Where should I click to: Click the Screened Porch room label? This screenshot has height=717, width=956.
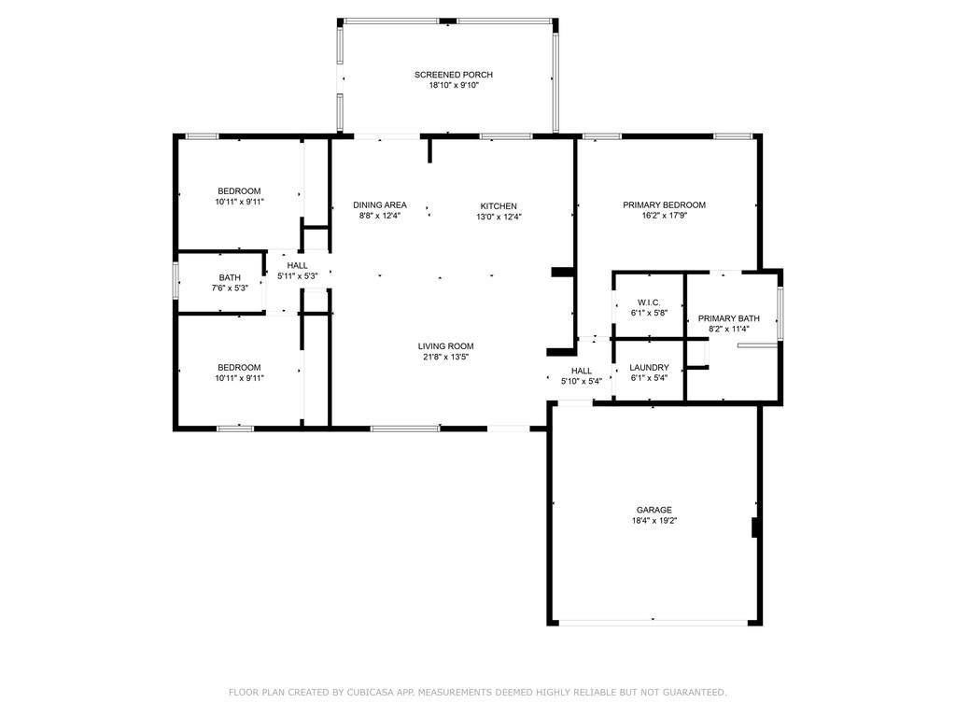pyautogui.click(x=454, y=75)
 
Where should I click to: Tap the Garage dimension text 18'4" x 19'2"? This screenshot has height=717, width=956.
pyautogui.click(x=654, y=521)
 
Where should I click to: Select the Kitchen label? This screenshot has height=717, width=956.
pyautogui.click(x=499, y=206)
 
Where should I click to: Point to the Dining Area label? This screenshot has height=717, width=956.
pyautogui.click(x=380, y=204)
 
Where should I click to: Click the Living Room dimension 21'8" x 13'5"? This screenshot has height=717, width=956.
pyautogui.click(x=445, y=357)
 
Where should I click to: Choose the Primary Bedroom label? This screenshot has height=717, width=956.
pyautogui.click(x=664, y=204)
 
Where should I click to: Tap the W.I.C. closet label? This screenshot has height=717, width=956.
pyautogui.click(x=649, y=302)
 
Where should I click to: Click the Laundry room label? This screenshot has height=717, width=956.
pyautogui.click(x=650, y=368)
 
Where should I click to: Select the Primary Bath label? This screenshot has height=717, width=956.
pyautogui.click(x=728, y=318)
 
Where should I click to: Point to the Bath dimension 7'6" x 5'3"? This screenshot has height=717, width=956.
pyautogui.click(x=230, y=288)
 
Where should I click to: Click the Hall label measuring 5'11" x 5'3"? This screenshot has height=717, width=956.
pyautogui.click(x=298, y=265)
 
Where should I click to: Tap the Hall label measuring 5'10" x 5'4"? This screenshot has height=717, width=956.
pyautogui.click(x=582, y=371)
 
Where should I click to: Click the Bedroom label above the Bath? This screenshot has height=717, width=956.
pyautogui.click(x=239, y=191)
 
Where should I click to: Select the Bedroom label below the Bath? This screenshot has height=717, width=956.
pyautogui.click(x=239, y=368)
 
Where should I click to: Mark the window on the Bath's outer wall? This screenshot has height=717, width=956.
pyautogui.click(x=176, y=280)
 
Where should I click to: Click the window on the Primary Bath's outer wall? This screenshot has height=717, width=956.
pyautogui.click(x=780, y=313)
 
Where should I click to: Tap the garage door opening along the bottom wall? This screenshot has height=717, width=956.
pyautogui.click(x=654, y=623)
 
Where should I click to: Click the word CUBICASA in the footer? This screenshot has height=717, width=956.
pyautogui.click(x=371, y=692)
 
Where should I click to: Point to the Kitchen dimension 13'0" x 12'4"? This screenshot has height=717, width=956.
pyautogui.click(x=499, y=217)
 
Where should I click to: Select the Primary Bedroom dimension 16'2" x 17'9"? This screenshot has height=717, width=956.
pyautogui.click(x=664, y=216)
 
